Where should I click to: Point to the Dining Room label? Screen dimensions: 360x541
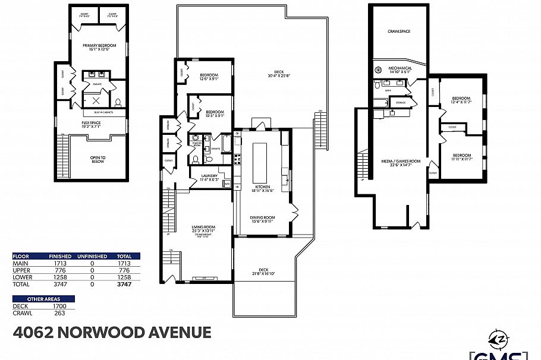(x=262, y=219)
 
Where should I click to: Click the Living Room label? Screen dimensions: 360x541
(x=203, y=228)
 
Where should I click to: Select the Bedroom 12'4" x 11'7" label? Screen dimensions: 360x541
(x=461, y=99)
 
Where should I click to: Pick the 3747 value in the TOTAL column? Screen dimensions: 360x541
(x=124, y=285)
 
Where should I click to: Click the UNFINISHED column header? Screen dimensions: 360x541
(x=93, y=256)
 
